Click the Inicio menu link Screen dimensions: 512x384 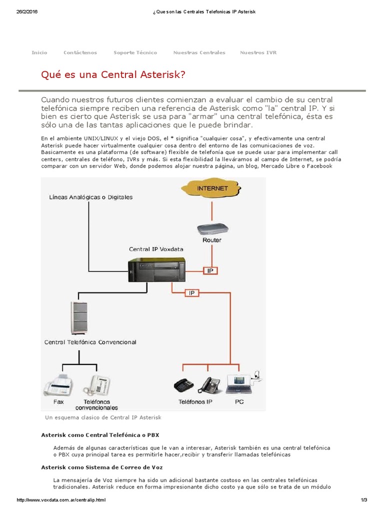(x=39, y=52)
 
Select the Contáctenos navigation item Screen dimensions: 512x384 (x=80, y=52)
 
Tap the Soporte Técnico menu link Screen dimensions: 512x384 (x=135, y=52)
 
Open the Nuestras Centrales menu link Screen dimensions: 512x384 (x=199, y=52)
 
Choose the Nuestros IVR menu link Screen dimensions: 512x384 (x=258, y=52)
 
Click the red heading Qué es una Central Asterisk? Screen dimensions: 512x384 (x=113, y=75)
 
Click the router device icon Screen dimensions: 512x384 (x=212, y=229)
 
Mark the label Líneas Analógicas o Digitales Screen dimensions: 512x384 (x=91, y=197)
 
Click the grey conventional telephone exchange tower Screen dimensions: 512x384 (x=79, y=318)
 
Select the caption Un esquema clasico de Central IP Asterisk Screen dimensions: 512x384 (x=103, y=417)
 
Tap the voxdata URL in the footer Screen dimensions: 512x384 (x=61, y=500)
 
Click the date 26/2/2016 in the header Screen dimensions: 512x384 (x=27, y=11)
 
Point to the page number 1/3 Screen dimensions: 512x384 (x=364, y=500)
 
